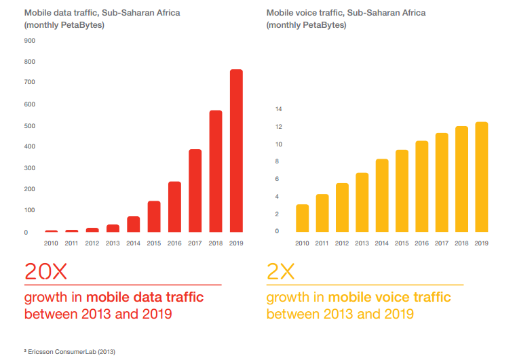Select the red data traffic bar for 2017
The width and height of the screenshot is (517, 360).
click(195, 191)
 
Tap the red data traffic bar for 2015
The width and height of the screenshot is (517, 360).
click(154, 216)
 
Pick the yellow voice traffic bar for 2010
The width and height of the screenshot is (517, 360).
click(302, 218)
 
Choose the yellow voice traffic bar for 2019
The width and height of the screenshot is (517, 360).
click(481, 177)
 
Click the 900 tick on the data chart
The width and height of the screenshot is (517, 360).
click(31, 41)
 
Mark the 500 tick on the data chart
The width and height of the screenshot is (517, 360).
click(31, 125)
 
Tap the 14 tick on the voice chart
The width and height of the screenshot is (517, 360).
click(278, 109)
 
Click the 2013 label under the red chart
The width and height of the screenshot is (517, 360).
click(113, 243)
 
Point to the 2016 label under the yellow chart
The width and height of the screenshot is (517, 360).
click(421, 243)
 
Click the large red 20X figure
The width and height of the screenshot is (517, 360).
click(46, 273)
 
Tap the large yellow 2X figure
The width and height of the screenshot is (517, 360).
click(281, 273)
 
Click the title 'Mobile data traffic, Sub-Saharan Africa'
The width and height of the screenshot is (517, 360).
click(102, 13)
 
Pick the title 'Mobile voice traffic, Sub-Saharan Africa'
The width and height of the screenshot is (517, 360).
click(345, 13)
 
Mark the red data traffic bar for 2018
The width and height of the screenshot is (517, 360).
click(216, 171)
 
